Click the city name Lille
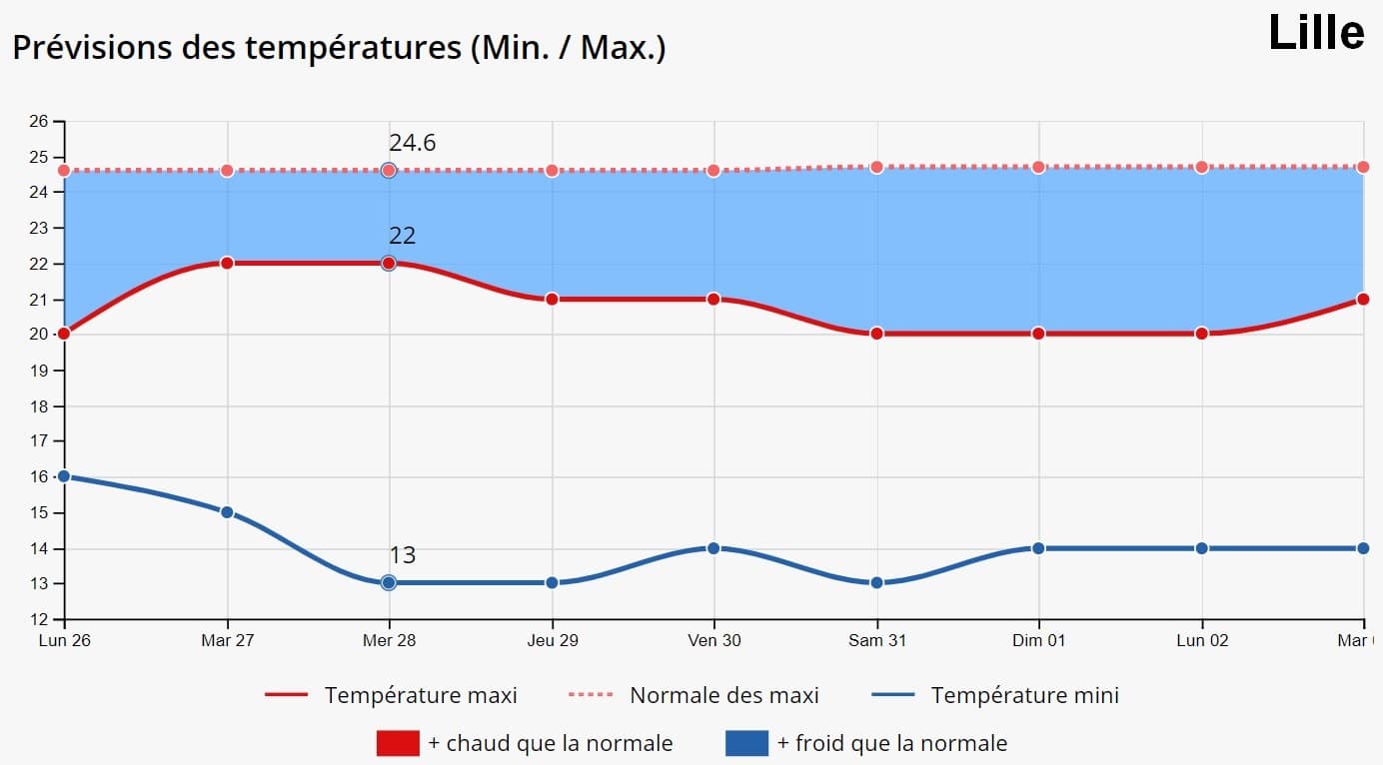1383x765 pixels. (x=1315, y=33)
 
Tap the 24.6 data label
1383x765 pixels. (x=412, y=143)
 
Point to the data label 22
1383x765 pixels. (x=402, y=236)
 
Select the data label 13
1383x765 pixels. (x=402, y=555)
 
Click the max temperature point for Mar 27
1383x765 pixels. (x=227, y=263)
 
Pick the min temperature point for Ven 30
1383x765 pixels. (x=713, y=548)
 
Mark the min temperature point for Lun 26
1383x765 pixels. (x=64, y=476)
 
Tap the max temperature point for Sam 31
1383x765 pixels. (x=876, y=334)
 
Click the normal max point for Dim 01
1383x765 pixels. (x=1038, y=167)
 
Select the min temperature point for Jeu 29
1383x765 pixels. (x=552, y=582)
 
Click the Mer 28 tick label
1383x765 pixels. (x=390, y=640)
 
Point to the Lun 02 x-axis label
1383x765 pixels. (x=1201, y=640)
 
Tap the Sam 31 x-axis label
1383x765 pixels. (x=878, y=640)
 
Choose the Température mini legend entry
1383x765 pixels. (x=1024, y=695)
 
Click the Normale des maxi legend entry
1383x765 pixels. (x=723, y=695)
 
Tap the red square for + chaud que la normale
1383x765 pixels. (x=398, y=743)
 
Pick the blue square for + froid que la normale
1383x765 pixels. (x=746, y=743)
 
